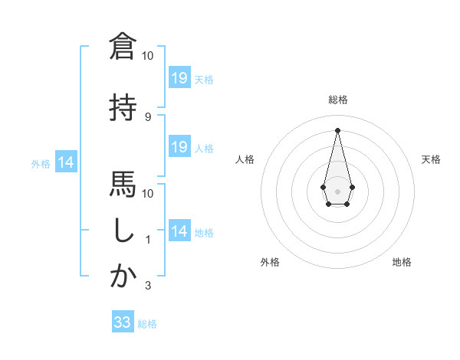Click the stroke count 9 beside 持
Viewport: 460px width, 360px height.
(148, 116)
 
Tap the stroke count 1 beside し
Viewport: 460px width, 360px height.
(148, 240)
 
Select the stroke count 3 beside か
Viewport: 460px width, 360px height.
(148, 286)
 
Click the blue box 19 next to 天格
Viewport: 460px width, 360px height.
(179, 77)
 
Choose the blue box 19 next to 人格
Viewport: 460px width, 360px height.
(179, 147)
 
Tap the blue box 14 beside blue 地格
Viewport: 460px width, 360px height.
(179, 231)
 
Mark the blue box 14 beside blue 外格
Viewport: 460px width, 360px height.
(66, 162)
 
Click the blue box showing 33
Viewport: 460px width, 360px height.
(123, 322)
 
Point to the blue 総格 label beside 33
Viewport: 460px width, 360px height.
(148, 324)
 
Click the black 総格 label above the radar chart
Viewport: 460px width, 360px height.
(338, 100)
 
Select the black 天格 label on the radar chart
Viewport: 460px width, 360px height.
(432, 159)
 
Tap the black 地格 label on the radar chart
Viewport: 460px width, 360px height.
(402, 262)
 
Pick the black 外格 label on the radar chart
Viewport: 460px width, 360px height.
(270, 262)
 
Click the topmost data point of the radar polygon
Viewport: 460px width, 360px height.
(337, 129)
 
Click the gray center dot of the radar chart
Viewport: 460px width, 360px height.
(337, 190)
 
